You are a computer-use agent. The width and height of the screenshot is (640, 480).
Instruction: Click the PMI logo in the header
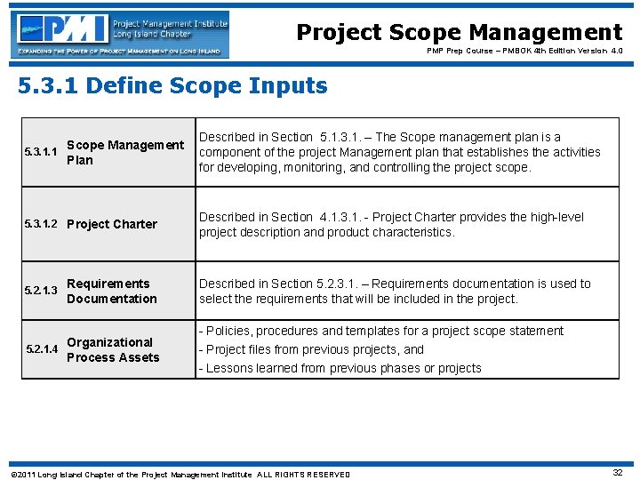120,34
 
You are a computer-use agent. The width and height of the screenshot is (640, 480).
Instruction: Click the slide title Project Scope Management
459,32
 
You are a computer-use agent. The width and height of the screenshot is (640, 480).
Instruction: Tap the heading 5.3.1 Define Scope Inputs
173,86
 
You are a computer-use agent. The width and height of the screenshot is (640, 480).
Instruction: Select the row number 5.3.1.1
40,152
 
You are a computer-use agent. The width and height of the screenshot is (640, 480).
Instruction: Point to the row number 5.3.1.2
40,224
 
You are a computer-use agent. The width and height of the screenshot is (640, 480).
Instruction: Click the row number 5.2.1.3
40,291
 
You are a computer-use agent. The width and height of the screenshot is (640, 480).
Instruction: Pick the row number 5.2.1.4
40,349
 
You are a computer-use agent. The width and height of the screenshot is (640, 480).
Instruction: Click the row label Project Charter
112,224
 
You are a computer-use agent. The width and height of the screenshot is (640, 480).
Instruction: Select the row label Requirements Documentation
111,291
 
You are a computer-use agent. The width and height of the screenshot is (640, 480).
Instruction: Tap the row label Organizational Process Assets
113,349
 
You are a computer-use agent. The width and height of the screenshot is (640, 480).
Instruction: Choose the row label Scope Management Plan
124,152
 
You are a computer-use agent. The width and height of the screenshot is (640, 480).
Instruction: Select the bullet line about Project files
315,349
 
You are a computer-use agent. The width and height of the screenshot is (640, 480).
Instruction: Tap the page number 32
617,473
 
